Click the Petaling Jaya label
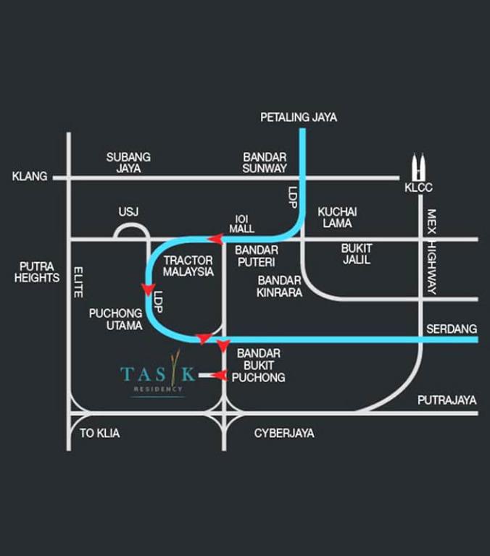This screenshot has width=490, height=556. [x=299, y=117]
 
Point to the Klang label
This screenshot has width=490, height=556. [x=30, y=176]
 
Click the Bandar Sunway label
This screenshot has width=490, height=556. [x=265, y=162]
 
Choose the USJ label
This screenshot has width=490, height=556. [x=128, y=211]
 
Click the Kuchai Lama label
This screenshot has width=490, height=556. [x=337, y=217]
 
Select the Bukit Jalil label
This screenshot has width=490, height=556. [x=356, y=253]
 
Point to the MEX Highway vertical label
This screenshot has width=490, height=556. [x=432, y=251]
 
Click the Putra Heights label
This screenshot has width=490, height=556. [x=37, y=272]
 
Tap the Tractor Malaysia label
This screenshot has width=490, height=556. [x=188, y=266]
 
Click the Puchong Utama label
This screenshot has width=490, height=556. [x=116, y=320]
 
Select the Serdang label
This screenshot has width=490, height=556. [x=452, y=329]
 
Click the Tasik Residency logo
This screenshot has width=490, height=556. [x=159, y=376]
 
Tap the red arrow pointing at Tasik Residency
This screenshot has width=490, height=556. [x=218, y=375]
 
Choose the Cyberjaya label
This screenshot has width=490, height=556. [x=284, y=433]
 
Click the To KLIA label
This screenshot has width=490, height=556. [x=100, y=433]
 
